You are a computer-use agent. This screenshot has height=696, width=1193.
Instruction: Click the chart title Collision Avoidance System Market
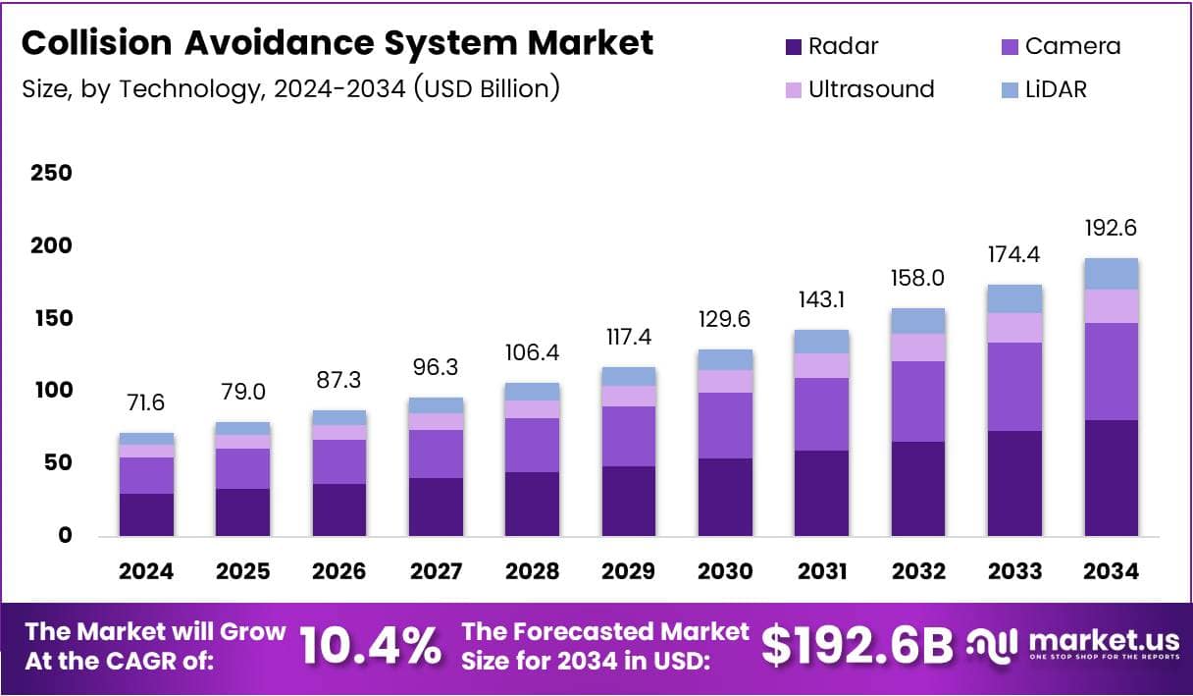pyautogui.click(x=337, y=43)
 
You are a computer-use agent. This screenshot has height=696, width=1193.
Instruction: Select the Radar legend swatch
pyautogui.click(x=793, y=46)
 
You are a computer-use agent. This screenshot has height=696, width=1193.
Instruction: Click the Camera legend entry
pyautogui.click(x=1059, y=46)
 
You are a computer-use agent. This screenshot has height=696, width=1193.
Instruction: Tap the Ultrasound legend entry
pyautogui.click(x=858, y=89)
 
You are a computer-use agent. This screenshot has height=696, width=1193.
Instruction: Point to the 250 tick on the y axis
pyautogui.click(x=51, y=173)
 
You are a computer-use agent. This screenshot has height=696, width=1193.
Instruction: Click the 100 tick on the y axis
pyautogui.click(x=51, y=391)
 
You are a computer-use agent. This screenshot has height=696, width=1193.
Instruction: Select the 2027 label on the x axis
pyautogui.click(x=436, y=571)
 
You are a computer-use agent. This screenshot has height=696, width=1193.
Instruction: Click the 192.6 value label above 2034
pyautogui.click(x=1111, y=228)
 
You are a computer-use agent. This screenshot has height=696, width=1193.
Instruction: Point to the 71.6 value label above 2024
pyautogui.click(x=146, y=403)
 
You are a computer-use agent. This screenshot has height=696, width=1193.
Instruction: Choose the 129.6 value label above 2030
pyautogui.click(x=725, y=319)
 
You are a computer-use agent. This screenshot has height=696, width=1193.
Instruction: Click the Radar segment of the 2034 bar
pyautogui.click(x=1111, y=478)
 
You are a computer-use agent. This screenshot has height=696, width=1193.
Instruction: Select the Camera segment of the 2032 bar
pyautogui.click(x=917, y=402)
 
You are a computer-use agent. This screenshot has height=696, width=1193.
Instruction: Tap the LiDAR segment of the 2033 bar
pyautogui.click(x=1014, y=298)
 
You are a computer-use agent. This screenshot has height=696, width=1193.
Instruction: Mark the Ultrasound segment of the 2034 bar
pyautogui.click(x=1111, y=305)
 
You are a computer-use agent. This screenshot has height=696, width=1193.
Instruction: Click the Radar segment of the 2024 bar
pyautogui.click(x=146, y=514)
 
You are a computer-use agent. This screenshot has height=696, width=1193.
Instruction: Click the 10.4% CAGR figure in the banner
pyautogui.click(x=369, y=645)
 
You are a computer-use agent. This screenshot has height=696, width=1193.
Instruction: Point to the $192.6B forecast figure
pyautogui.click(x=856, y=645)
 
